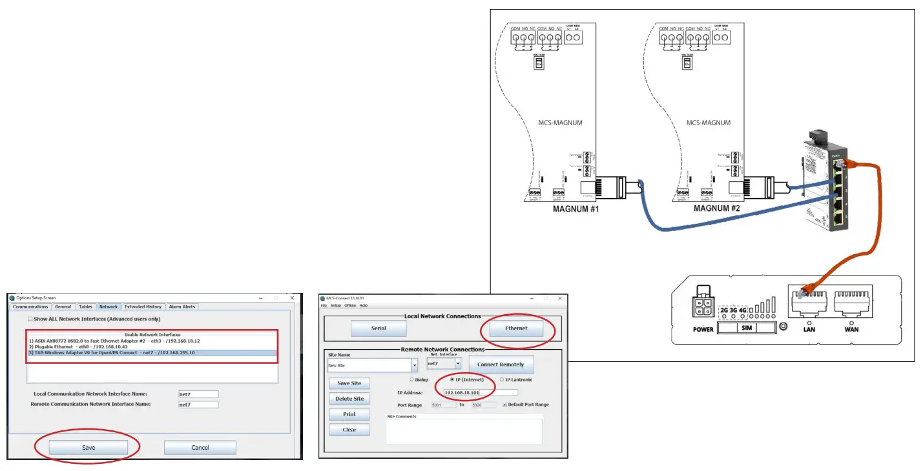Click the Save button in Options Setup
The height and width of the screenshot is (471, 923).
pos(88,448)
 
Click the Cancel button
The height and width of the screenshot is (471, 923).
pos(200,448)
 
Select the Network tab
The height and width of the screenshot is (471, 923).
pos(109,307)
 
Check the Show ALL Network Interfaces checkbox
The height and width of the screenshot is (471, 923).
pos(30,319)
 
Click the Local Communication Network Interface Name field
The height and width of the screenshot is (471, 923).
pos(198,394)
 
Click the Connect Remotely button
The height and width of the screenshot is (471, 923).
pos(501,365)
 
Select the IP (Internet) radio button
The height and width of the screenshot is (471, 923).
pos(451,380)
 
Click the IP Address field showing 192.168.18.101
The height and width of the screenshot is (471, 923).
pos(480,392)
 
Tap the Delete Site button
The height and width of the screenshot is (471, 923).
pos(349,399)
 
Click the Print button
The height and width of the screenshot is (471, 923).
pos(349,414)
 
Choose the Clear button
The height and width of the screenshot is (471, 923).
pos(349,430)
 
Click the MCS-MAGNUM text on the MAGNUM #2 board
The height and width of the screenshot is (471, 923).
pos(708,123)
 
